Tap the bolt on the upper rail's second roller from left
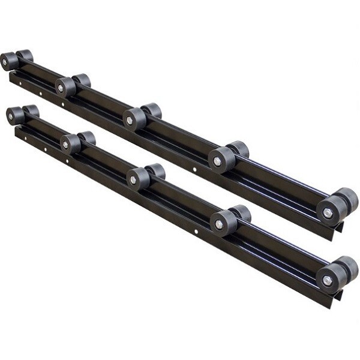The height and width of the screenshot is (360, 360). point(61,88)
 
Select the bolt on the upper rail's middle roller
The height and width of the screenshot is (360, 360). point(130,120)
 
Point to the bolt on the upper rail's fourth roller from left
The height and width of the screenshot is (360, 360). point(217,160)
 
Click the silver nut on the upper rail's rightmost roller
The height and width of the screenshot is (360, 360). point(327,212)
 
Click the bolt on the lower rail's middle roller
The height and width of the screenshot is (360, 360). point(133,179)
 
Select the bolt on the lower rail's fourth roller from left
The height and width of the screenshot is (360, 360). point(218,224)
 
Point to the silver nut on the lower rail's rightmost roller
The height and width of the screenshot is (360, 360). point(327,280)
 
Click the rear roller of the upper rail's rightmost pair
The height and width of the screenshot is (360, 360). point(347,199)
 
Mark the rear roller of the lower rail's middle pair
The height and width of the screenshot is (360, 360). point(155,171)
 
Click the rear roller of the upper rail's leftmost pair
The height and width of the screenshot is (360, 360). point(25,56)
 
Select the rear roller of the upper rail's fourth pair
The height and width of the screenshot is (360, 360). point(239,149)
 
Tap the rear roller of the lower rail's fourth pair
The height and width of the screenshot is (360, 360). point(241,213)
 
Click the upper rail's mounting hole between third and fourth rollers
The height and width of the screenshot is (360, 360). point(194,170)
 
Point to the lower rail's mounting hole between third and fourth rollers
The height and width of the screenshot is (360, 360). point(196,231)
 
